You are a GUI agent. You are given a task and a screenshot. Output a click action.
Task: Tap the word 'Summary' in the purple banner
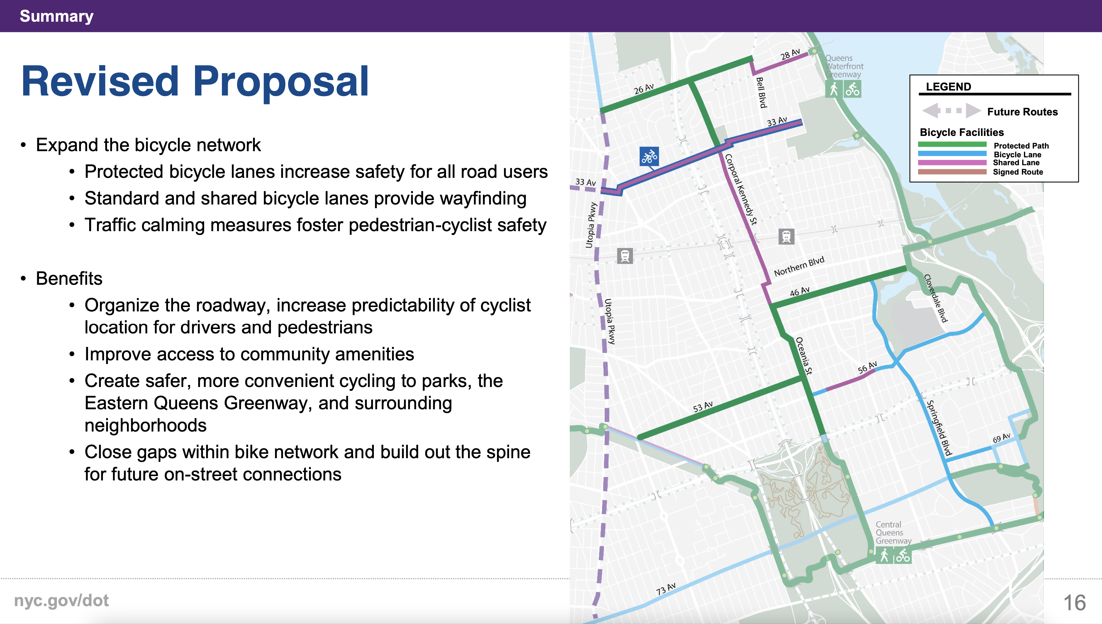[57, 16]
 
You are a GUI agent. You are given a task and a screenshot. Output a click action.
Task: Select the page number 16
[1074, 603]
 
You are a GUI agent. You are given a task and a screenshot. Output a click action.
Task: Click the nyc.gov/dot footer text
[61, 601]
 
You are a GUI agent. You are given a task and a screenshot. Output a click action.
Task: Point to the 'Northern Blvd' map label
[799, 266]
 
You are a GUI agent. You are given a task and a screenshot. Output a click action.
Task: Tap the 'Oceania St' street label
[804, 356]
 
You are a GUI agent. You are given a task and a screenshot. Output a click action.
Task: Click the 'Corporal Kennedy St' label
[741, 190]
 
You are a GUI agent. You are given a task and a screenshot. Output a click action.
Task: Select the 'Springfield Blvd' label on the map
[939, 428]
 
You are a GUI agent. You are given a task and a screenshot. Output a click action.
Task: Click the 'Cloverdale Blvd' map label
[935, 298]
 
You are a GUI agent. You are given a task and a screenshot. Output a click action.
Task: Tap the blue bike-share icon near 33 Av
[649, 156]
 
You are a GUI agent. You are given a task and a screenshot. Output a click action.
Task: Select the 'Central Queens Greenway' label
[893, 533]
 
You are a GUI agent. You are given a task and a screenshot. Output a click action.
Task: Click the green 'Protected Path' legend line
[952, 144]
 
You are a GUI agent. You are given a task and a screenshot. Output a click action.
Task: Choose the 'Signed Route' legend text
[1018, 172]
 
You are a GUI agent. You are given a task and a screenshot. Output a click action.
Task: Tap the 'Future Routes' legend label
[1022, 112]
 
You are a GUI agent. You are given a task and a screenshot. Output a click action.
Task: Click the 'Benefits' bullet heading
[69, 279]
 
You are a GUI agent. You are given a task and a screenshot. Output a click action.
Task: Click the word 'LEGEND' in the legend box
[948, 87]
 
